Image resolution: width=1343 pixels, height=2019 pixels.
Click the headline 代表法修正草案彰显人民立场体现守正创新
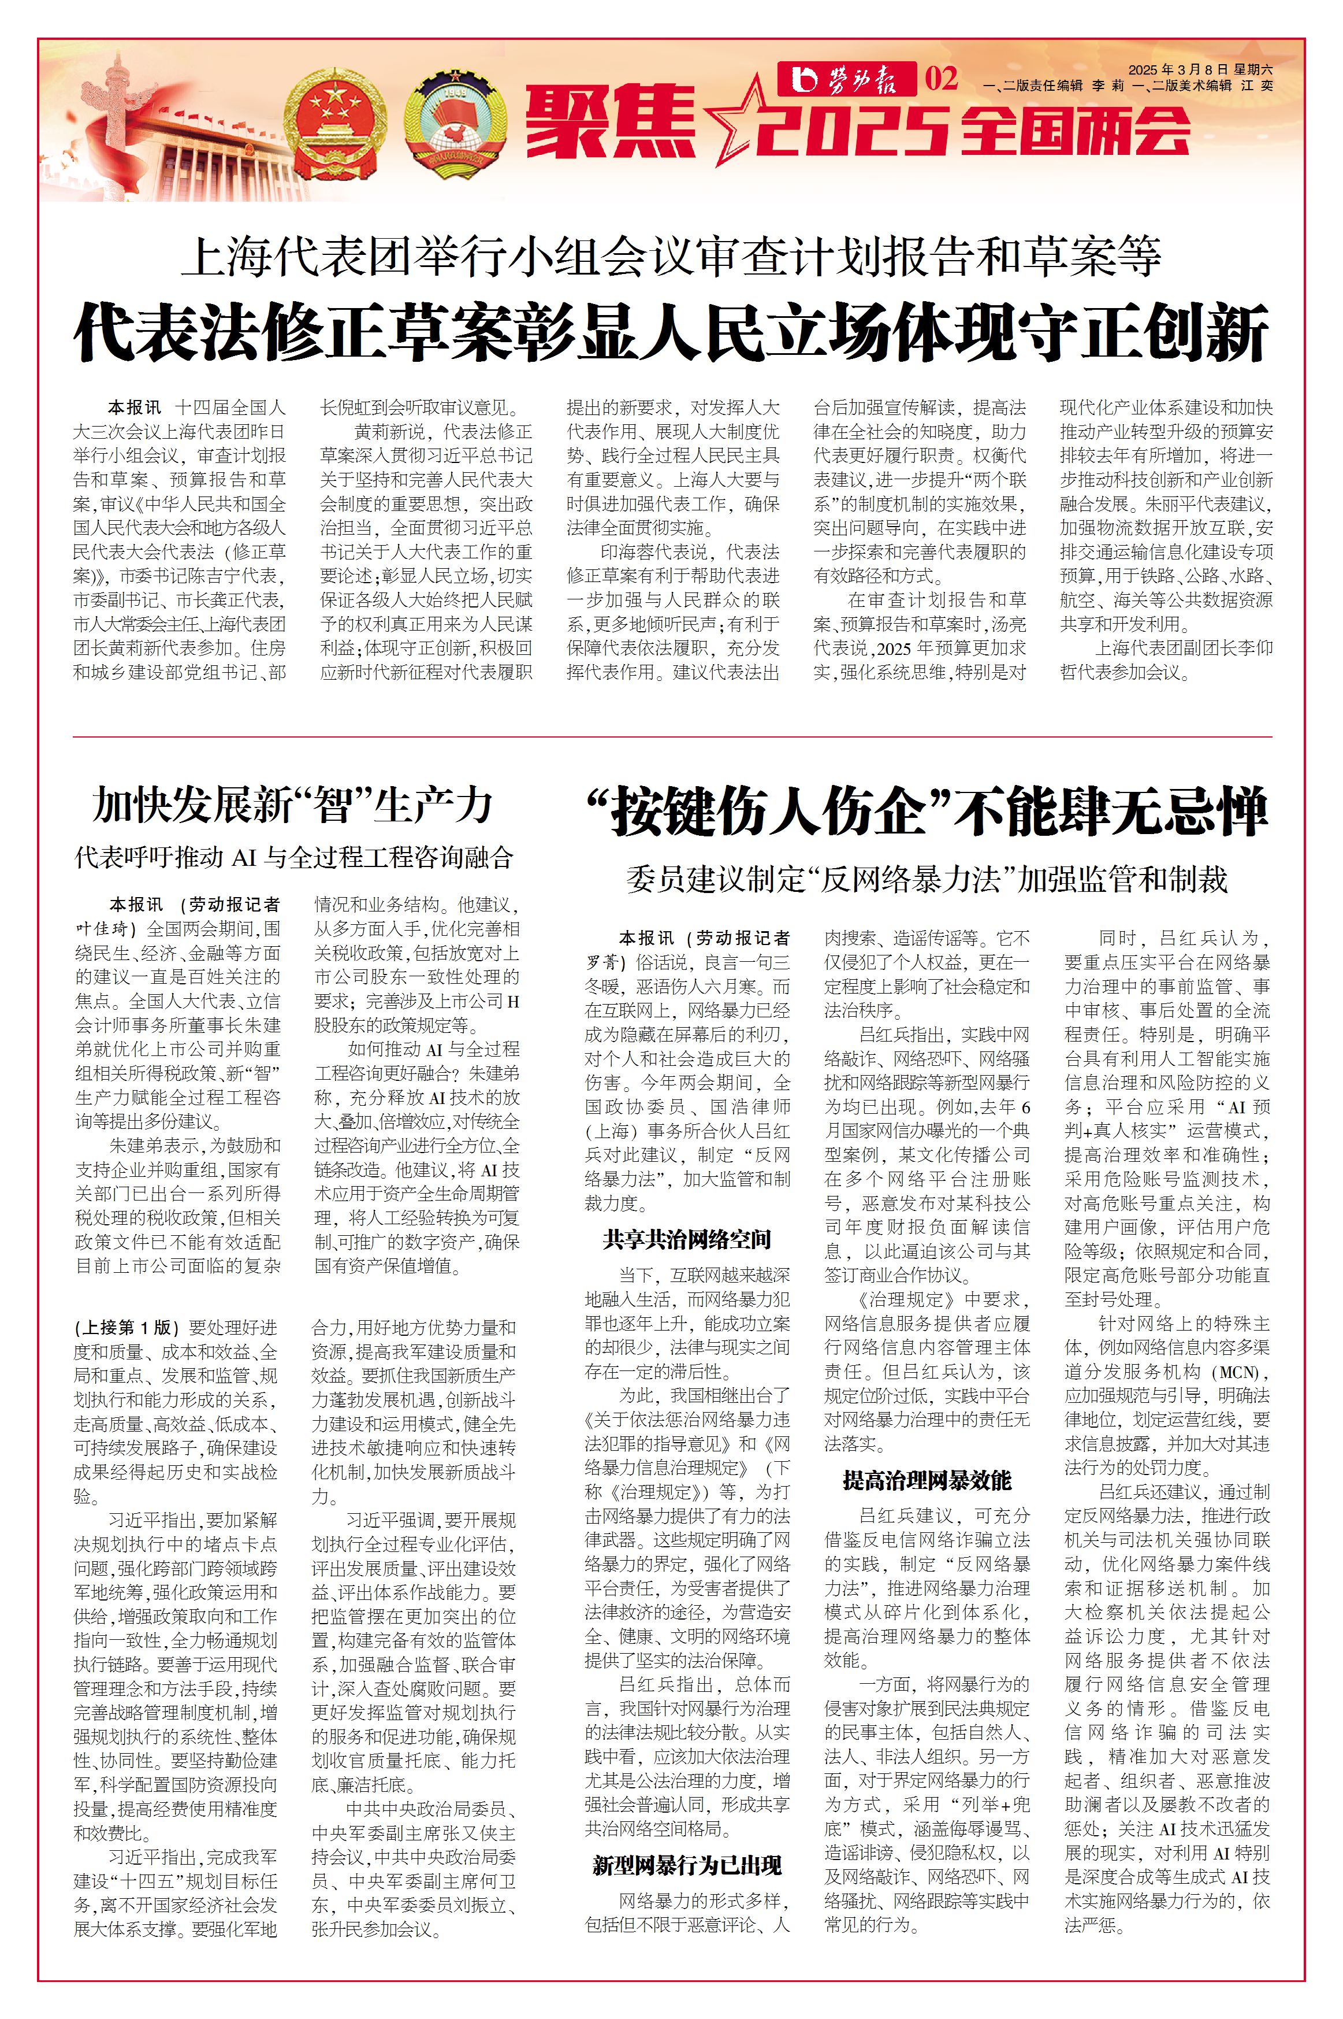point(671,332)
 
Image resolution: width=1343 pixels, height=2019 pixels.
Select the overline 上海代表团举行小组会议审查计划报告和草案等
point(671,256)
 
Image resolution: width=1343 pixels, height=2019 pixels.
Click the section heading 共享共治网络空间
point(687,1239)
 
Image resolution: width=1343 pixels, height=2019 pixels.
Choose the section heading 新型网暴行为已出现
point(687,1866)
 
